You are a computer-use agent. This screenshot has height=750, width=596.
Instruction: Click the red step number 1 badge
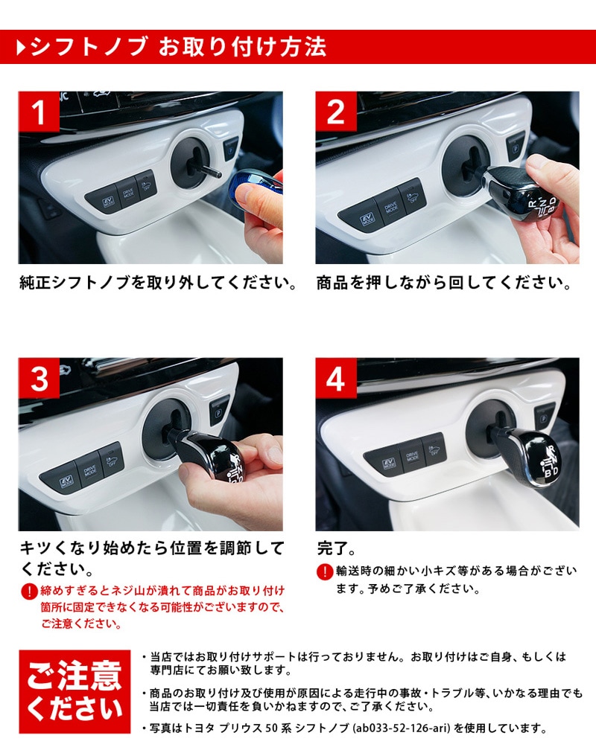(39, 112)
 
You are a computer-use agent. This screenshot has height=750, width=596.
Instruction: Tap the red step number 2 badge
(336, 112)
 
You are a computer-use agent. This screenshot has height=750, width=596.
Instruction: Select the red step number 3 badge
(39, 378)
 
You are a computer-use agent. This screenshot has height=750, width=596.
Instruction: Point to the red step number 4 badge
(336, 378)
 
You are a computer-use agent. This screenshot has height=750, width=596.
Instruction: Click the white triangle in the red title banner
(21, 48)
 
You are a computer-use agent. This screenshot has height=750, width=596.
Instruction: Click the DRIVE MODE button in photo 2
(390, 208)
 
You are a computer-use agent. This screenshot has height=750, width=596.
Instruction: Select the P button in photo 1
(231, 149)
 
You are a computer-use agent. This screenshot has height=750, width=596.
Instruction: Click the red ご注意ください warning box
(74, 692)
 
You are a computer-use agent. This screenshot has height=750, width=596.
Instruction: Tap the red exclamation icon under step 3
(29, 592)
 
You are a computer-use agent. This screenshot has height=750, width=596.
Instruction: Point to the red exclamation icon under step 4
(325, 571)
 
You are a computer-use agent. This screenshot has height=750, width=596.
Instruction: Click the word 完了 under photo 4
(332, 548)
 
